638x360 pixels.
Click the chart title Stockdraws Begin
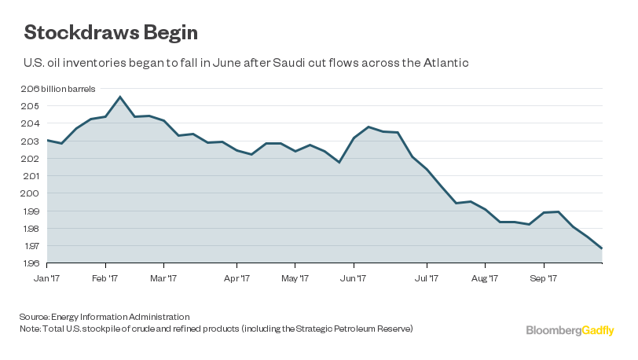(111, 33)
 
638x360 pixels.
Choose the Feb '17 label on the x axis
(105, 277)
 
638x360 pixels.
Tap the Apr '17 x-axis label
(236, 277)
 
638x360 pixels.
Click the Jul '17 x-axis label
(427, 277)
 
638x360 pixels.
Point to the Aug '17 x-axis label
(485, 277)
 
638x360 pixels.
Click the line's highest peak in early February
(119, 97)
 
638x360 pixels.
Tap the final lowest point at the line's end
(602, 248)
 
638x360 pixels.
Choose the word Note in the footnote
(30, 328)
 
